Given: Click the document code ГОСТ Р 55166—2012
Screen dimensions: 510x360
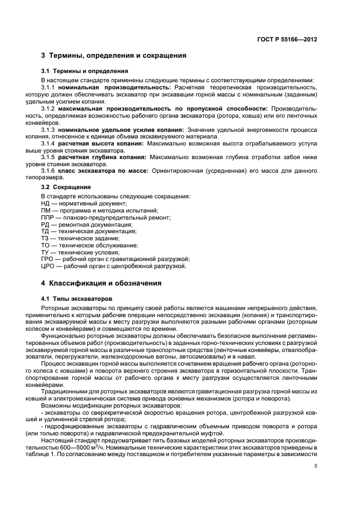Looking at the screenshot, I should [289, 40].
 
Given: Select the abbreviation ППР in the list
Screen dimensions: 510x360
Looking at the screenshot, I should [48, 217].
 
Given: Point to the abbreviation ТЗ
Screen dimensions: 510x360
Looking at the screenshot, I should [45, 238].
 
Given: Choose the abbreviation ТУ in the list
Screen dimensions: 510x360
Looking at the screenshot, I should [45, 252].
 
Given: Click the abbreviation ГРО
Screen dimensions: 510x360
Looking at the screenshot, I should [48, 259].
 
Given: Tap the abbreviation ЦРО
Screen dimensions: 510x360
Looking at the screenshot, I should [48, 266].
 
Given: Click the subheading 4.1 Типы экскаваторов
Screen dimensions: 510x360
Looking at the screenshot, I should [77, 299].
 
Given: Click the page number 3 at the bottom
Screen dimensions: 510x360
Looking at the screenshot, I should [315, 466].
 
